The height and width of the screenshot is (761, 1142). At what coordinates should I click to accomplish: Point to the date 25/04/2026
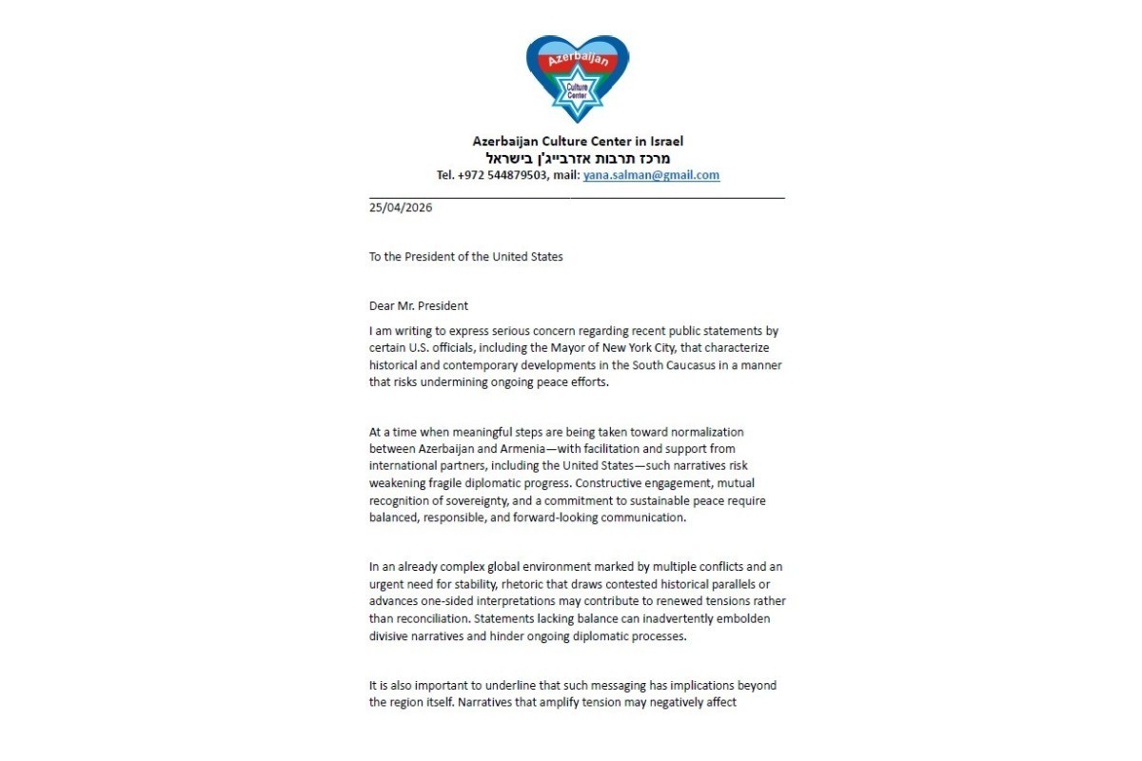point(401,207)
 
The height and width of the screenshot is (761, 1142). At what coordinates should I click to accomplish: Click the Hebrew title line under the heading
point(578,158)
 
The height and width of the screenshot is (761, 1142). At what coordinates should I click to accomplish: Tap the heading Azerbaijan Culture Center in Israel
point(578,141)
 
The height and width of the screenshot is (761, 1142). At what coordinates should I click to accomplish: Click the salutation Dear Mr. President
point(419,305)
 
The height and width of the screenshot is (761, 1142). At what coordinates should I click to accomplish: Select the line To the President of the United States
point(466,256)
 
